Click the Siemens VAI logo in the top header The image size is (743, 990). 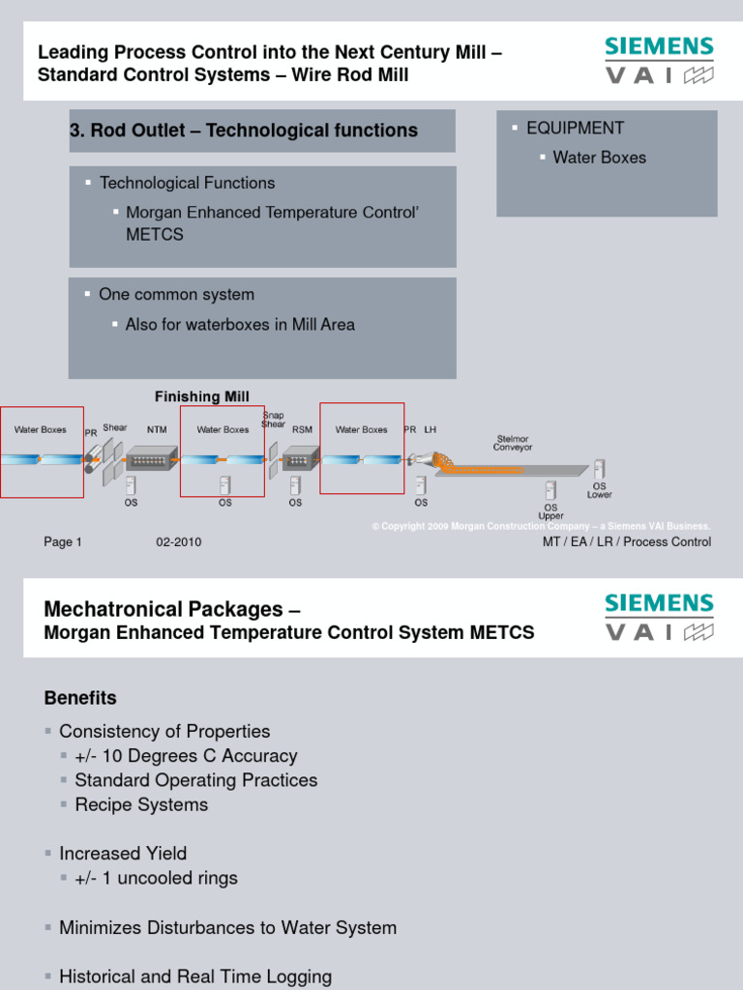tap(659, 61)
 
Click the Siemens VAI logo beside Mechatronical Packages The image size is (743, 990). tap(659, 618)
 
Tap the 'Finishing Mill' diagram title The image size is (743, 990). tap(202, 396)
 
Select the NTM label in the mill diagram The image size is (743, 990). tap(157, 429)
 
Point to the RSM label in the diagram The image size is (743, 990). tap(302, 429)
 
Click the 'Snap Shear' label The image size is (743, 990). tap(274, 420)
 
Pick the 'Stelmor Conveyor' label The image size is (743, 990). tap(512, 443)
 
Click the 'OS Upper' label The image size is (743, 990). tap(550, 511)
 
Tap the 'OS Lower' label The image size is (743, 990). tap(599, 490)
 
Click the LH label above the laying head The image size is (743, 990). tap(431, 429)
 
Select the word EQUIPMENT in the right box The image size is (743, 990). tap(575, 128)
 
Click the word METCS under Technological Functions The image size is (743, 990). tap(154, 235)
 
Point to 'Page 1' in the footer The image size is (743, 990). tap(63, 542)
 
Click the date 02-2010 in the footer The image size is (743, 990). tap(179, 542)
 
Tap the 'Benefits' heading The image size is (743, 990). tap(80, 698)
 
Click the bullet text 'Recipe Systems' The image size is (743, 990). tap(141, 804)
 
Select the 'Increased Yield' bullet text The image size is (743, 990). tap(123, 853)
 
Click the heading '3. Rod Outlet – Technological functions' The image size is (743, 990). tap(244, 131)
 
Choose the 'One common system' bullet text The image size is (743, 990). tap(177, 295)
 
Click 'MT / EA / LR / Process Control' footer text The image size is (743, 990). tap(626, 542)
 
